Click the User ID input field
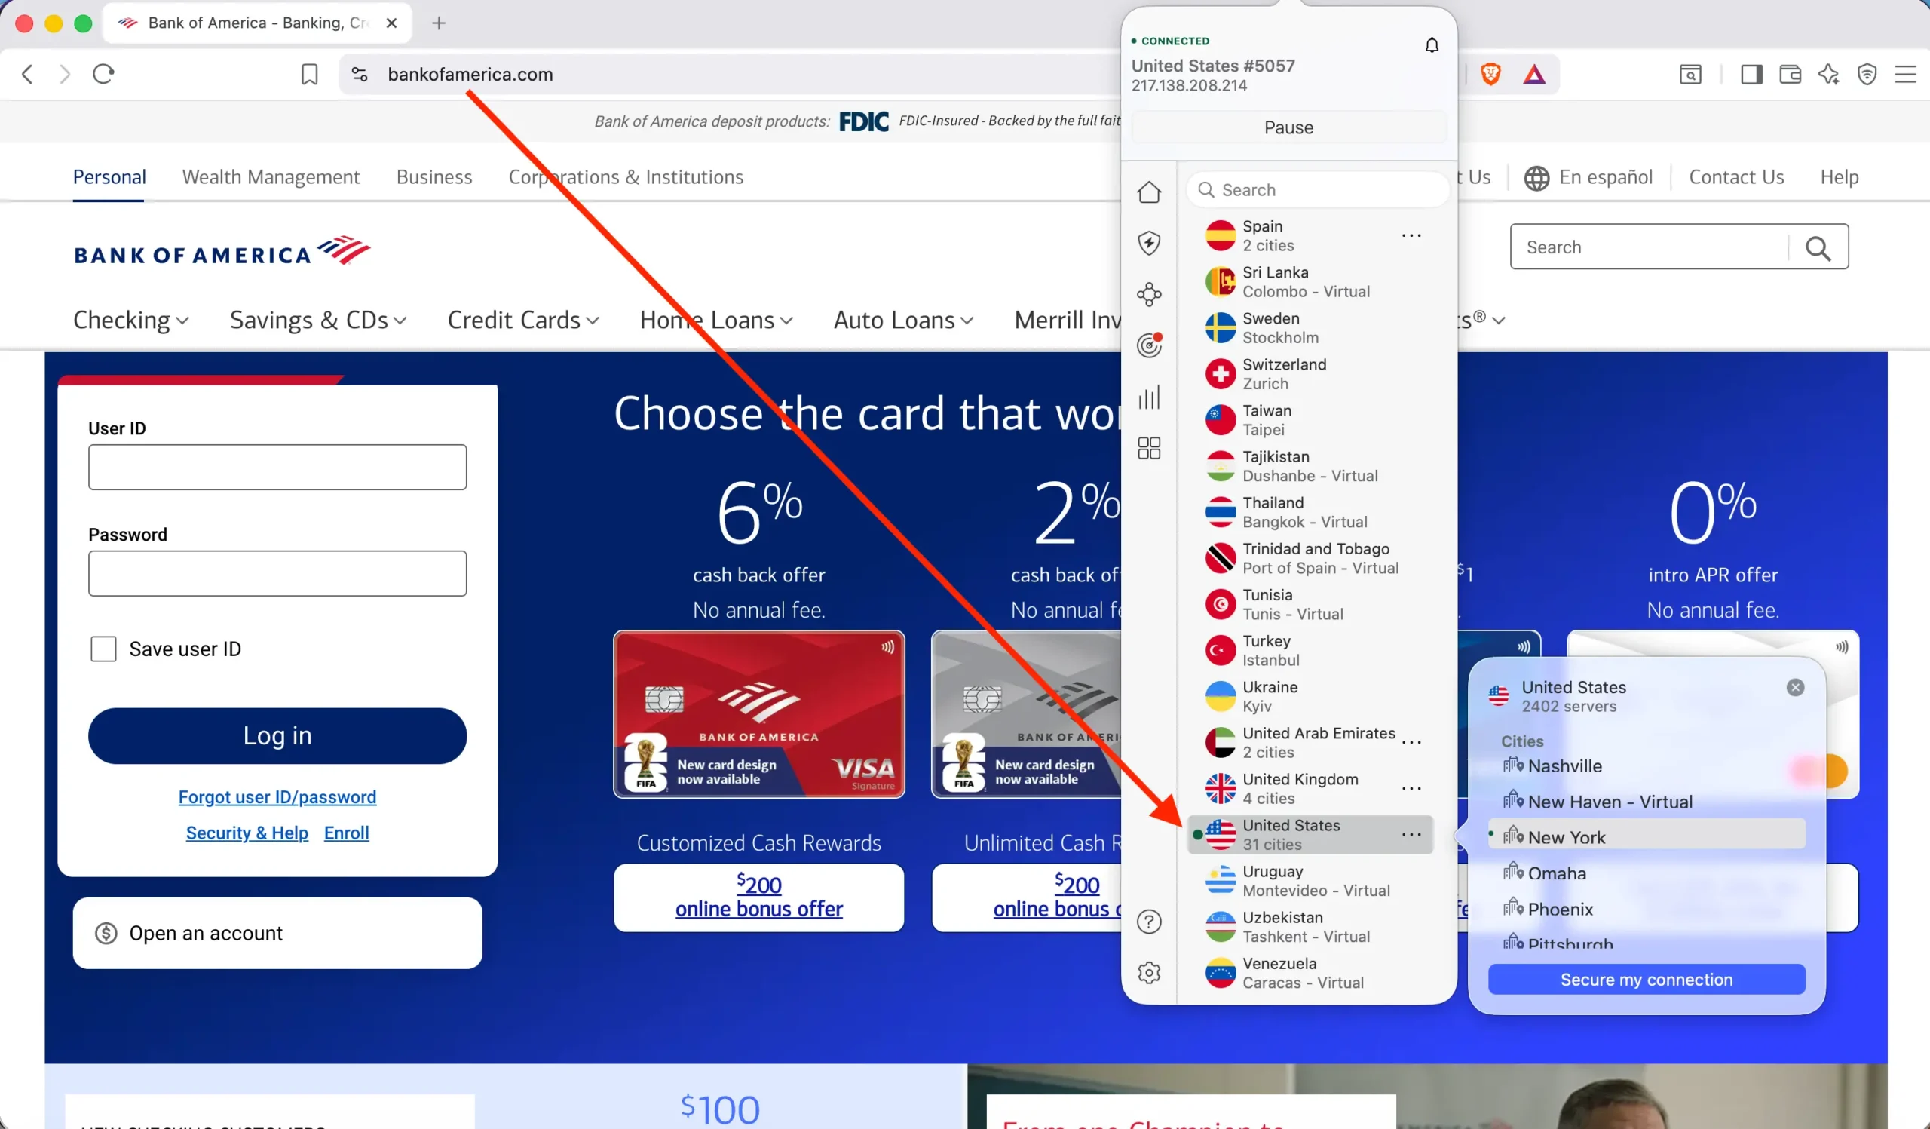277,467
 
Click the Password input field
277,573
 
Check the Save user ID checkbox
103,649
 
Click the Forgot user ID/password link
277,796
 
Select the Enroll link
346,833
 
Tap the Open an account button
277,933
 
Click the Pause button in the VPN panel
1288,127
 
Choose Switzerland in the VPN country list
1284,374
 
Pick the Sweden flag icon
1220,328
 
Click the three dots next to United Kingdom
1411,788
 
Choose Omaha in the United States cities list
1556,873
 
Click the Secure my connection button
1646,980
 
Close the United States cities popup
1794,687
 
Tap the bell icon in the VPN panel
1432,45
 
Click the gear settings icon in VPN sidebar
1149,973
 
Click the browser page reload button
103,75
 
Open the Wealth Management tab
271,177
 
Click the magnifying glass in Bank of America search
1818,247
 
